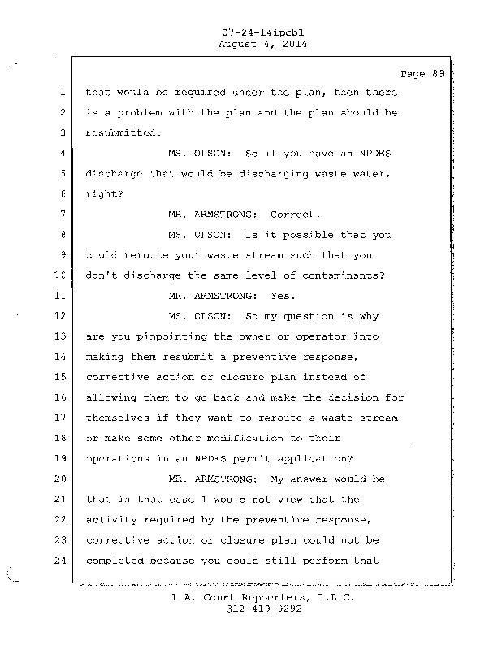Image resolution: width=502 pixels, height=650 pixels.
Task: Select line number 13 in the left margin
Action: pyautogui.click(x=61, y=336)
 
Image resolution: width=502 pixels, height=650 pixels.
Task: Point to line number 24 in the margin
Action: pyautogui.click(x=61, y=561)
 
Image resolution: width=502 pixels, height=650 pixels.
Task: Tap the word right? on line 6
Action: pyautogui.click(x=102, y=194)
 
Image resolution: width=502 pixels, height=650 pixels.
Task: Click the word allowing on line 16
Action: pyautogui.click(x=111, y=397)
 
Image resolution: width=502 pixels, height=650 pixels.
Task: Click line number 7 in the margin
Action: pyautogui.click(x=63, y=214)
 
